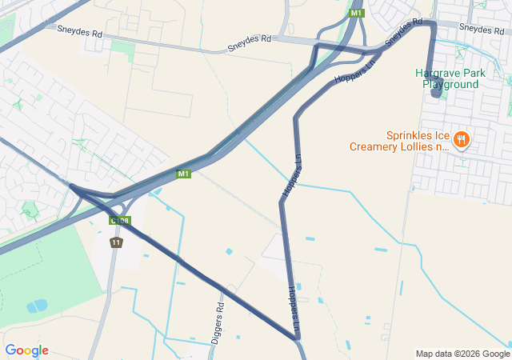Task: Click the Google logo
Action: click(26, 350)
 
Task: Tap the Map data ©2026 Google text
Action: click(462, 354)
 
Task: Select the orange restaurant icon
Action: click(461, 141)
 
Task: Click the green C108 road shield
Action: click(120, 220)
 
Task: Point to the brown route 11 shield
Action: click(117, 242)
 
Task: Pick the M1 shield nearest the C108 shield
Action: click(183, 174)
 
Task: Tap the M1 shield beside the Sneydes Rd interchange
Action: click(356, 14)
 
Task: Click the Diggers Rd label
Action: click(217, 323)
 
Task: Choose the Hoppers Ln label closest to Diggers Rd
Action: click(294, 309)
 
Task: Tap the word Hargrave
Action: click(438, 73)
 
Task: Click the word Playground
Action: click(450, 84)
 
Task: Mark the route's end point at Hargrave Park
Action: click(436, 93)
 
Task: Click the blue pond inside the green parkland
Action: click(37, 306)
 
